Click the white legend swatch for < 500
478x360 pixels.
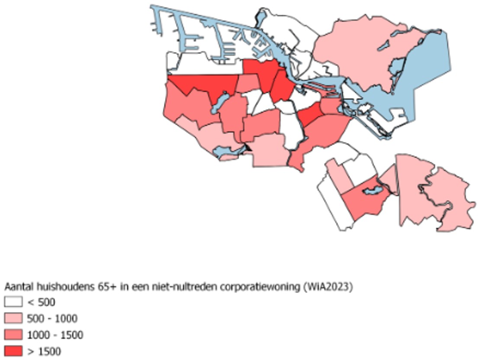click(x=13, y=302)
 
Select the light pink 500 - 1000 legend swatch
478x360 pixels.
click(x=13, y=318)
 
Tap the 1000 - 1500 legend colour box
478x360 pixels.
click(x=13, y=334)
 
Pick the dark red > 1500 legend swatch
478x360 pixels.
click(x=13, y=350)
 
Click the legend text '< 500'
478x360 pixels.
click(x=42, y=302)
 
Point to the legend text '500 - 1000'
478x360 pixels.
click(x=52, y=318)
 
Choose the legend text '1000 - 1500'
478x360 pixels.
click(x=55, y=334)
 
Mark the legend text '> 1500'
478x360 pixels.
click(x=44, y=351)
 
